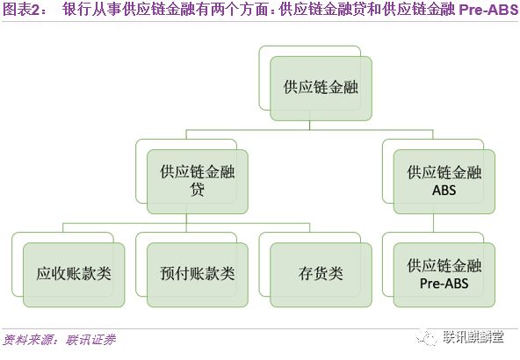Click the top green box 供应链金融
click(x=321, y=89)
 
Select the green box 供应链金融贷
click(x=198, y=182)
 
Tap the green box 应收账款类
click(x=74, y=275)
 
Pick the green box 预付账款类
click(x=198, y=275)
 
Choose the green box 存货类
click(x=321, y=275)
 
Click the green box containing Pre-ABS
click(x=444, y=275)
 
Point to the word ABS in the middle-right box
click(x=444, y=191)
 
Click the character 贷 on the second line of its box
click(x=198, y=190)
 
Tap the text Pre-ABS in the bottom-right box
click(x=444, y=284)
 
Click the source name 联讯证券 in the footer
click(x=90, y=340)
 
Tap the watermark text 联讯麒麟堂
click(x=473, y=337)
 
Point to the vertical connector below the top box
click(x=309, y=126)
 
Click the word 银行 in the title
click(x=74, y=10)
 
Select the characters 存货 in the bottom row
click(x=314, y=274)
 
